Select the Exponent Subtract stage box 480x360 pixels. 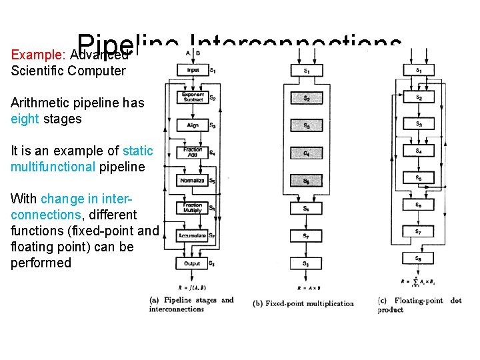(193, 97)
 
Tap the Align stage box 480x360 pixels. (193, 125)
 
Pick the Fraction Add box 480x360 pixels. (193, 153)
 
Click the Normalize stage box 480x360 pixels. (193, 181)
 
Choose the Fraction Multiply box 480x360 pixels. (193, 208)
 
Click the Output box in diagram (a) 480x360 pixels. (193, 263)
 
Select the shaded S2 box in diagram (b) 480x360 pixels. (306, 98)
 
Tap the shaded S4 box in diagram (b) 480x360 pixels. (306, 153)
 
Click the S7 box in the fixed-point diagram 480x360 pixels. (306, 236)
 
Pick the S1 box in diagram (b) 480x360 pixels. (306, 71)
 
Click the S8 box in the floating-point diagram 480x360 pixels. (418, 259)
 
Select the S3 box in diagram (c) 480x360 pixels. (418, 124)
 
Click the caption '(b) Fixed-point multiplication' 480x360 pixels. (303, 304)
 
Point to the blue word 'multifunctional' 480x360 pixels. (53, 167)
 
